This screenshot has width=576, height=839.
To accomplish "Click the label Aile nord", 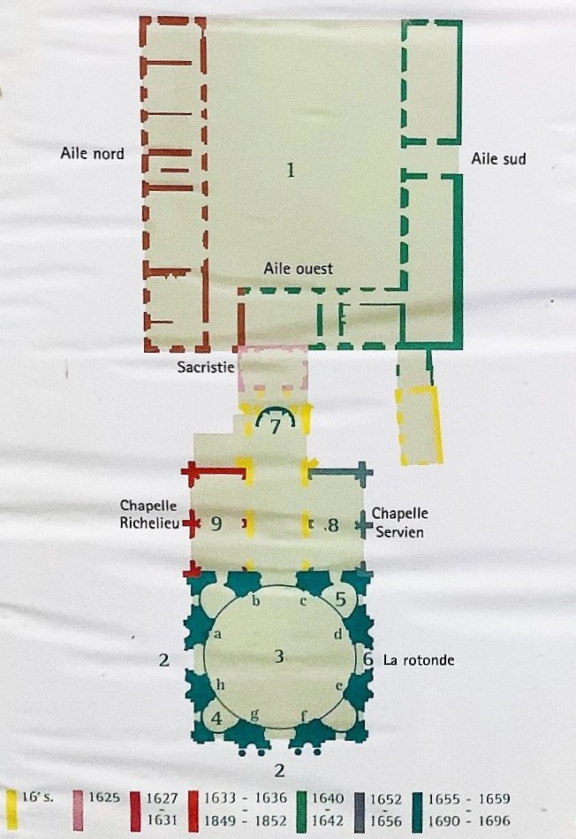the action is tap(92, 154).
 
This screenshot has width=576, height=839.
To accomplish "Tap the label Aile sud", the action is tap(498, 159).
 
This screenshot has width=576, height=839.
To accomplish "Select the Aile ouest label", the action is tap(298, 268).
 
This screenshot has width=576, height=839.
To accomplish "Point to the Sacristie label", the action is tap(206, 367).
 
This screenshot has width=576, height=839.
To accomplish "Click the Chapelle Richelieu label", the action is tap(148, 514).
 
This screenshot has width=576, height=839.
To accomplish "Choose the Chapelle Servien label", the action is tap(400, 522).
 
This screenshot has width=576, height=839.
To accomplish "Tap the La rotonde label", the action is tap(419, 660).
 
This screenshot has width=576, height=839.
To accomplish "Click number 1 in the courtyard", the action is tap(291, 170).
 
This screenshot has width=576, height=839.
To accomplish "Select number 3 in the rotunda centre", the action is tap(278, 655).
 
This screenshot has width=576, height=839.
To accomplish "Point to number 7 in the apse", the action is tap(276, 427).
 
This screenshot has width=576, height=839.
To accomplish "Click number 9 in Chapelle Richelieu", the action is tap(216, 523).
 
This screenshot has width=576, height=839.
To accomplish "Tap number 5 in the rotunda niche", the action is tap(341, 599).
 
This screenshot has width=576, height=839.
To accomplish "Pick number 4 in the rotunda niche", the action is tap(216, 719).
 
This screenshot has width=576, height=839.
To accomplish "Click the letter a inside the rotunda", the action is tap(217, 635).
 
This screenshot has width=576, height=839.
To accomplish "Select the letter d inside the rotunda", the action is tap(338, 634).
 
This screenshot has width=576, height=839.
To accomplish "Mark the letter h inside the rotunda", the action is tap(220, 685).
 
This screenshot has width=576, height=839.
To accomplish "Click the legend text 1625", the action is tap(103, 797).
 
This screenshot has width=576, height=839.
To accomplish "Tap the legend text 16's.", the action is tap(37, 797).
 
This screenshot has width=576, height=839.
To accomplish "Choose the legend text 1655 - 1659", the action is tap(469, 798).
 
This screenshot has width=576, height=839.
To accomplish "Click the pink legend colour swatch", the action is tap(78, 810).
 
